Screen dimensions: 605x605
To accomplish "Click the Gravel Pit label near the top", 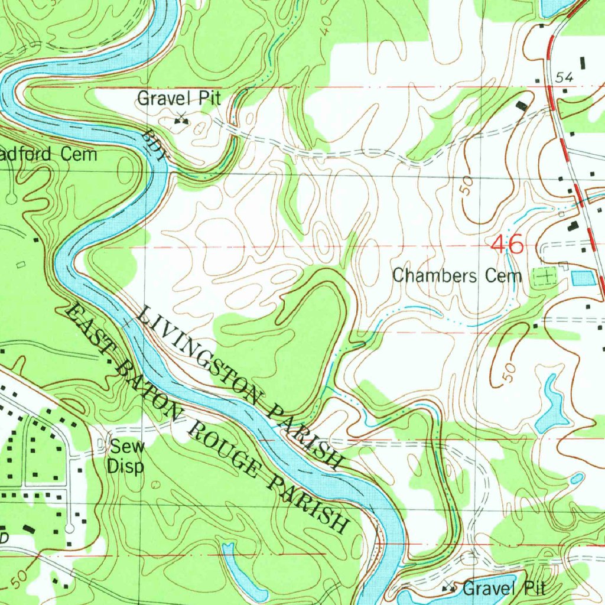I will (x=179, y=98).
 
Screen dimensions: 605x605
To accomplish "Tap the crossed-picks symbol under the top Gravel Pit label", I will (x=181, y=121).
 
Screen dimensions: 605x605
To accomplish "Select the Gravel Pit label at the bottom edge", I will (x=503, y=588).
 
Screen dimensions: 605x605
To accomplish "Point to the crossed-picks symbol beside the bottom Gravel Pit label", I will (x=450, y=588).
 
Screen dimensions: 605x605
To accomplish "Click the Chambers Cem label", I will (x=457, y=275).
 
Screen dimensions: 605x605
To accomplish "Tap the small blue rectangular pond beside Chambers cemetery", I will (x=583, y=277).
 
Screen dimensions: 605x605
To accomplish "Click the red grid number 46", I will (x=507, y=245).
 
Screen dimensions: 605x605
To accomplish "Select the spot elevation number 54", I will (x=565, y=77).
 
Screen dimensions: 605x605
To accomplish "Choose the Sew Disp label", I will (x=126, y=457).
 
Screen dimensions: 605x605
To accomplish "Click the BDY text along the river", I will (x=157, y=144).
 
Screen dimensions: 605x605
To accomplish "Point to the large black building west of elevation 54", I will (x=521, y=105).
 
